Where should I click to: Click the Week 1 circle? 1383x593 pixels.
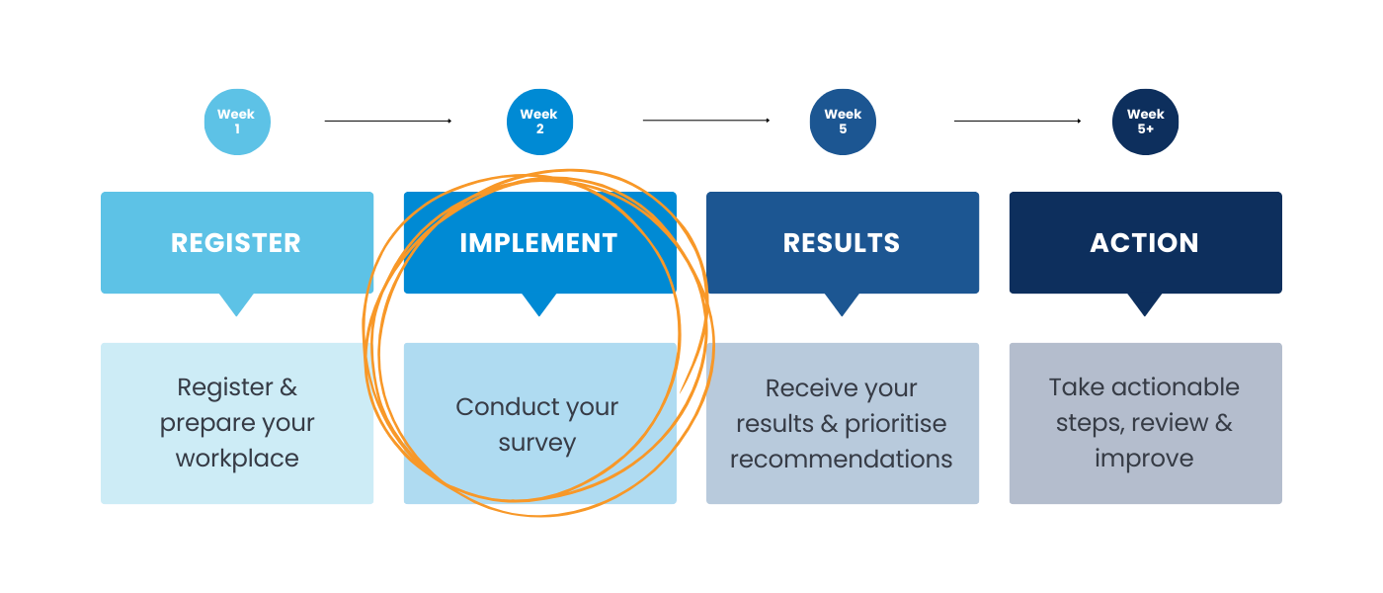coord(236,122)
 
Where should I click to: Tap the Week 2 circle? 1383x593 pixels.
coord(539,122)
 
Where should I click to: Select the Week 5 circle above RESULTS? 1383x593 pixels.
coord(842,122)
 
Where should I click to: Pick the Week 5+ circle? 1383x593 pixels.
coord(1145,122)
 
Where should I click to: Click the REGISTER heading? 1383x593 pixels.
coord(236,243)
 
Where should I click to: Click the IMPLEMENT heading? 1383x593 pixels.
coord(538,243)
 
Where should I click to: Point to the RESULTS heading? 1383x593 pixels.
coord(842,243)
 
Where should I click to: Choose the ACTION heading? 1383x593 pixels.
coord(1144,243)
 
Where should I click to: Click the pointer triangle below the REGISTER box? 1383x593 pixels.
coord(236,304)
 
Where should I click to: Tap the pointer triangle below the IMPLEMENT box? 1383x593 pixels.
coord(538,304)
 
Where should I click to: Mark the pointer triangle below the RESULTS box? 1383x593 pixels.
coord(842,304)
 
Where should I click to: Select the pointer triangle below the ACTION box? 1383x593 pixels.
coord(1144,304)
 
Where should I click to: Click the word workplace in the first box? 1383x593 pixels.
coord(237,459)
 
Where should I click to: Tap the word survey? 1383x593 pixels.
coord(536,443)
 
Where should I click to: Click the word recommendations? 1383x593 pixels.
coord(842,460)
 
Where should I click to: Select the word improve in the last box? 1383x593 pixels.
coord(1144,459)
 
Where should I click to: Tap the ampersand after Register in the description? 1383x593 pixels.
coord(286,387)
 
